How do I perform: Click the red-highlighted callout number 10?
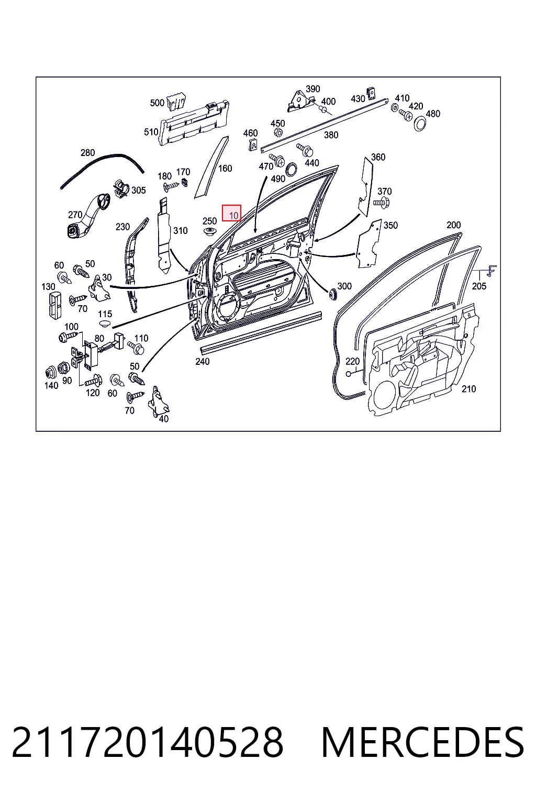233,216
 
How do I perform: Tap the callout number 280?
87,152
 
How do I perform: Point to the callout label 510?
151,132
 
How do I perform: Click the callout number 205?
479,286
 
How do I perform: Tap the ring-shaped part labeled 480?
420,124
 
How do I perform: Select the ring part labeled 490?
291,169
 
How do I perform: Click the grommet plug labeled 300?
332,293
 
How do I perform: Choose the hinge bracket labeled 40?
158,401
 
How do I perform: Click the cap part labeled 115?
105,323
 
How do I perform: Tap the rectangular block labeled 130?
55,305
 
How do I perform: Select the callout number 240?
203,362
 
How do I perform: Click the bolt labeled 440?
305,150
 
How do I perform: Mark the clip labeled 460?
253,144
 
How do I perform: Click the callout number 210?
468,389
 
